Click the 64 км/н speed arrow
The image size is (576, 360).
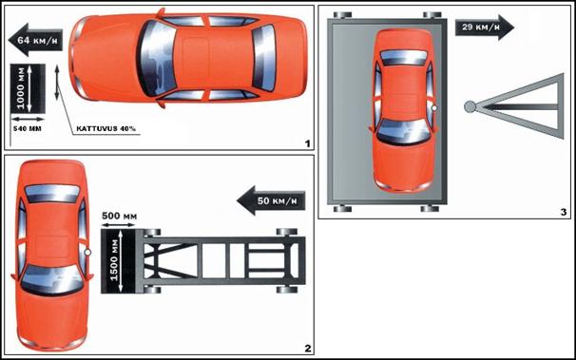35,40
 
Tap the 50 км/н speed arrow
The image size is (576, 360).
271,200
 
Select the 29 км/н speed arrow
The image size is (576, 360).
484,28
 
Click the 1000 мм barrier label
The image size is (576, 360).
21,88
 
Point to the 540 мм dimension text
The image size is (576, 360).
28,129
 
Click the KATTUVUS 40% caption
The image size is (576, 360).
106,129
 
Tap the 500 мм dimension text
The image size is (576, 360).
119,216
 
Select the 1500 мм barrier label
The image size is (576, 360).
114,260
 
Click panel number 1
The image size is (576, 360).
308,143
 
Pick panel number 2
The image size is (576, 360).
308,349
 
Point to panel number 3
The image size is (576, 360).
564,212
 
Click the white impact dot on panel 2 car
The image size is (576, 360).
87,253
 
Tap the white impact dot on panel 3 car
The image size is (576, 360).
434,108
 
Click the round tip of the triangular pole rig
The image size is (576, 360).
470,106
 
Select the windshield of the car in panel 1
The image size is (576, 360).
158,58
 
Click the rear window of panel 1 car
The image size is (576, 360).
264,58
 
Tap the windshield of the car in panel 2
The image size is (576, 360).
51,280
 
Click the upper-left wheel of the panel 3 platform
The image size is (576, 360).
343,15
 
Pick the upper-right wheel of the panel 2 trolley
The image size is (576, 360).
287,232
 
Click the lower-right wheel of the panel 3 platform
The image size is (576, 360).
431,209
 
